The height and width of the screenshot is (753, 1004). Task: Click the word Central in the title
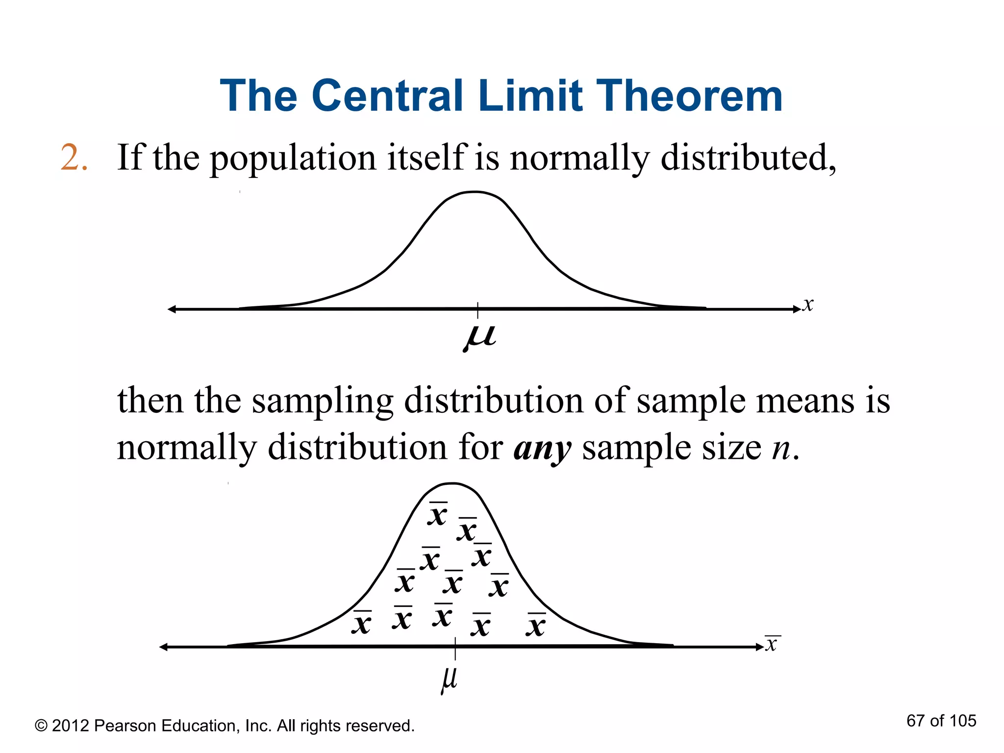click(387, 96)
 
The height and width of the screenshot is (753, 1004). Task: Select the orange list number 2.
click(74, 158)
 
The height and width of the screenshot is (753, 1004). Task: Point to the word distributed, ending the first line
click(748, 158)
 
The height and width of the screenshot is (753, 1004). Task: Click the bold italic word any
click(542, 449)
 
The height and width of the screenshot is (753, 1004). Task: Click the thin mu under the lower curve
click(449, 679)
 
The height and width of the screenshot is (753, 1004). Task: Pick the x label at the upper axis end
click(808, 304)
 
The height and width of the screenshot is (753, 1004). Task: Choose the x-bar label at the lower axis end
click(772, 643)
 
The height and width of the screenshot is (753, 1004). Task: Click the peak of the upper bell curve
click(475, 192)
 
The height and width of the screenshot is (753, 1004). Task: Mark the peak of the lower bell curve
click(452, 484)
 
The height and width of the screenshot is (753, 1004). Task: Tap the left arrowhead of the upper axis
click(172, 309)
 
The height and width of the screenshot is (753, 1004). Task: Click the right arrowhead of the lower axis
click(759, 647)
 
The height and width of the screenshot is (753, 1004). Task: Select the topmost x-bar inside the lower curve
click(437, 514)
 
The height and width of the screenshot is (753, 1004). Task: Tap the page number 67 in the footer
click(915, 721)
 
